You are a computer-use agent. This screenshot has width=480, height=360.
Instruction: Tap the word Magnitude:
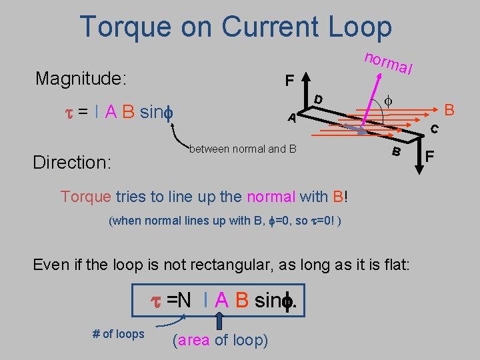81,79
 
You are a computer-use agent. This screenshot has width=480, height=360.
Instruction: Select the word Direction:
72,163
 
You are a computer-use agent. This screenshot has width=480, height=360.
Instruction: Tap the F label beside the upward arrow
289,81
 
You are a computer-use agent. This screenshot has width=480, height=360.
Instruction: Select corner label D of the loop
319,99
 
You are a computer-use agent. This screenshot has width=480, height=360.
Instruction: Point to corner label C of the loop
433,129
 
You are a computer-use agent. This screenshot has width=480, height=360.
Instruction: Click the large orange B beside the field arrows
449,109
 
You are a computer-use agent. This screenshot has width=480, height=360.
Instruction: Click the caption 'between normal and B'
243,148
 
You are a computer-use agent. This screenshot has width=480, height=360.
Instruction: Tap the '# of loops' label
118,333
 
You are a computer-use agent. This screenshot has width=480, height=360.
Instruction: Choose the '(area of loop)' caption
220,341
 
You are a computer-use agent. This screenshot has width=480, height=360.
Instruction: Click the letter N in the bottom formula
183,301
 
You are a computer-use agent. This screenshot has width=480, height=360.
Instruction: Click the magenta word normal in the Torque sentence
271,197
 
